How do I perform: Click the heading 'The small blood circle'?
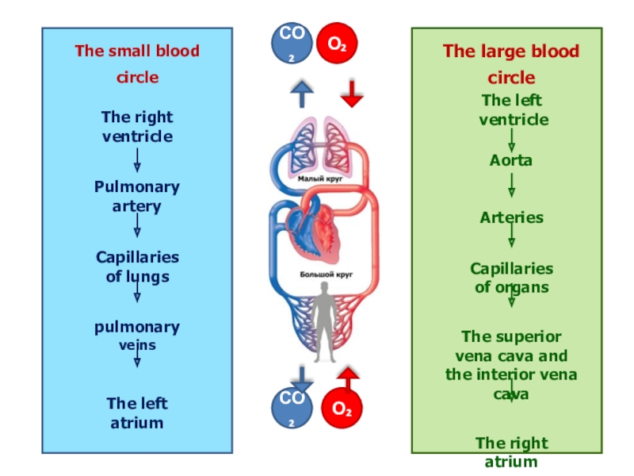point(137,64)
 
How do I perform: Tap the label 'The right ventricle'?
point(137,127)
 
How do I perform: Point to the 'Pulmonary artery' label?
point(137,197)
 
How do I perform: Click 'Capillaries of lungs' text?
point(137,267)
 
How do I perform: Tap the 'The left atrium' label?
point(137,413)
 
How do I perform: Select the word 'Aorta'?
point(511,160)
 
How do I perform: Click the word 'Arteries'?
point(511,217)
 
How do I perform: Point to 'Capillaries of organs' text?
point(511,278)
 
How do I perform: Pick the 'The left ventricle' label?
point(512,110)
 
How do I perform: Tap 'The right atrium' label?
point(511,452)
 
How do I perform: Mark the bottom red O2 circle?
point(342,408)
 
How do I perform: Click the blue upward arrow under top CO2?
point(301,94)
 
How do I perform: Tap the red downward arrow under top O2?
point(352,94)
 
